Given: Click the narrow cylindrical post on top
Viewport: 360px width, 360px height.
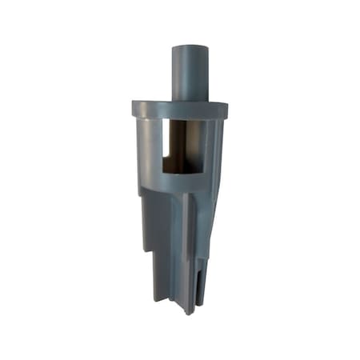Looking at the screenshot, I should (x=190, y=72).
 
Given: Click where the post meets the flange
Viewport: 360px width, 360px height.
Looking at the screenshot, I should (x=190, y=98).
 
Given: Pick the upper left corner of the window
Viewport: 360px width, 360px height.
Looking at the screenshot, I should (x=163, y=122).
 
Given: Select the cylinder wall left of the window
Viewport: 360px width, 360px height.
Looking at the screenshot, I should (x=150, y=148).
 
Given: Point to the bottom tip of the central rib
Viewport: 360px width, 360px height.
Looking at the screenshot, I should (x=186, y=310).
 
